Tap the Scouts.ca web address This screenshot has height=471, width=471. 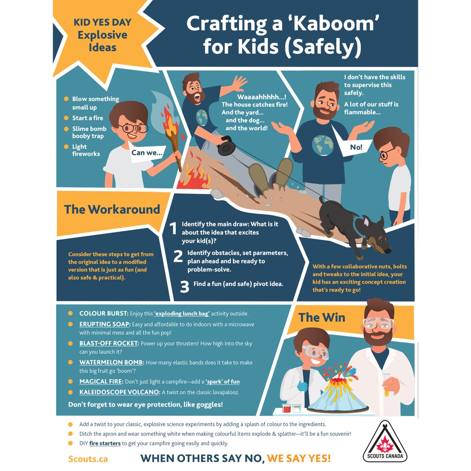[88, 459]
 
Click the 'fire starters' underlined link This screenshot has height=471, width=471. [105, 444]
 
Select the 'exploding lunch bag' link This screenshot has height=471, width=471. [182, 314]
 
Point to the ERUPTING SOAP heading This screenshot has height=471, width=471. [105, 324]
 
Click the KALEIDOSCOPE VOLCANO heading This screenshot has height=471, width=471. [120, 392]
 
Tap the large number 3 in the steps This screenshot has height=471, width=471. [184, 287]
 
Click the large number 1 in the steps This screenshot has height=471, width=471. [173, 228]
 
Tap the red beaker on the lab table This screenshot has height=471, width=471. [286, 408]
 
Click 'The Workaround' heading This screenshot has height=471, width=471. [112, 210]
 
